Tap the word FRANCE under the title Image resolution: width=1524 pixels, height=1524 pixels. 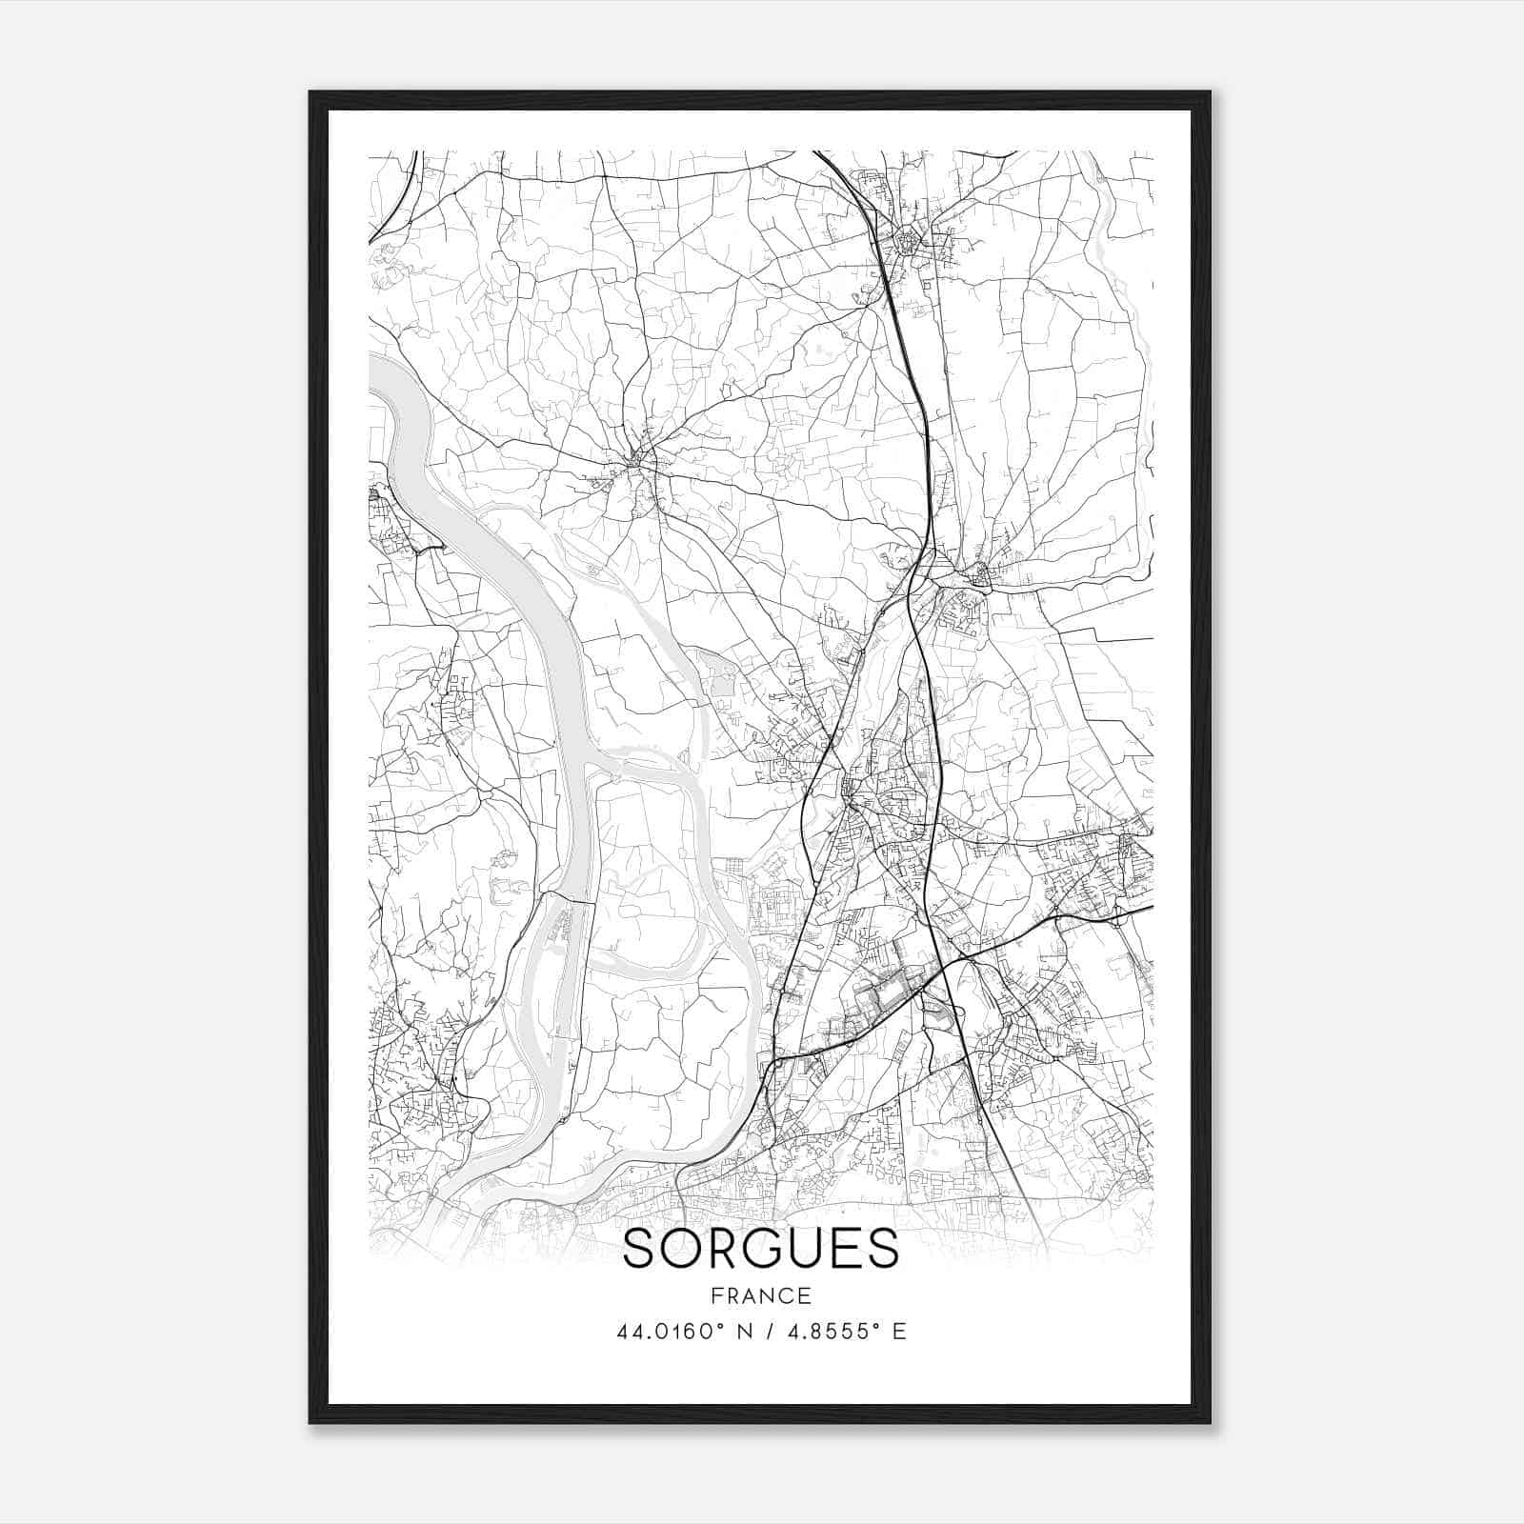761,1295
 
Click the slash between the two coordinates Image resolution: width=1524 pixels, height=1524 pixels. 772,1332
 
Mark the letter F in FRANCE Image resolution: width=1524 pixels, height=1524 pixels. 716,1295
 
